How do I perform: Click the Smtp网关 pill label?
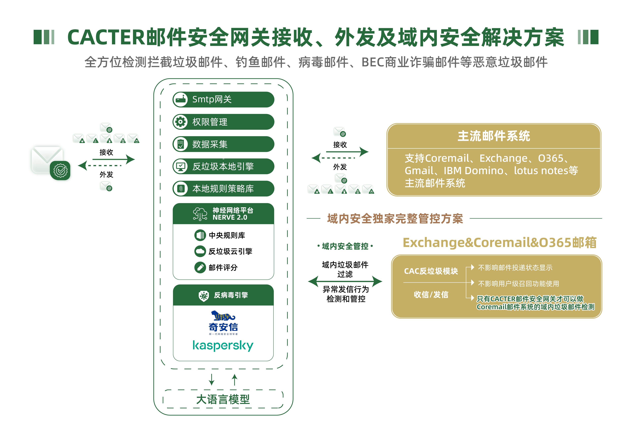pyautogui.click(x=212, y=99)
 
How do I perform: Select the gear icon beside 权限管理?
pyautogui.click(x=180, y=122)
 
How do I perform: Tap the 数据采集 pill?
pyautogui.click(x=223, y=144)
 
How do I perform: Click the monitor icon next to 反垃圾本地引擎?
pyautogui.click(x=180, y=166)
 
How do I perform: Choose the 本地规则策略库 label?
pyautogui.click(x=223, y=188)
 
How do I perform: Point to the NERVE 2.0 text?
pyautogui.click(x=230, y=217)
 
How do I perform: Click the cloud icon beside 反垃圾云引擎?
pyautogui.click(x=200, y=251)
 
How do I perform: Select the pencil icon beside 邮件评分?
pyautogui.click(x=200, y=267)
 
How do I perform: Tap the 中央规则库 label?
pyautogui.click(x=227, y=235)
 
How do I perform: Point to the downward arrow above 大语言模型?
pyautogui.click(x=212, y=380)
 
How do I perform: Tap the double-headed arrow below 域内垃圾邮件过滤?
pyautogui.click(x=345, y=281)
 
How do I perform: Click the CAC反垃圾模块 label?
pyautogui.click(x=431, y=271)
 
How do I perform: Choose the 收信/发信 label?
pyautogui.click(x=431, y=294)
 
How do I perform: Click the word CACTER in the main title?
pyautogui.click(x=106, y=37)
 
